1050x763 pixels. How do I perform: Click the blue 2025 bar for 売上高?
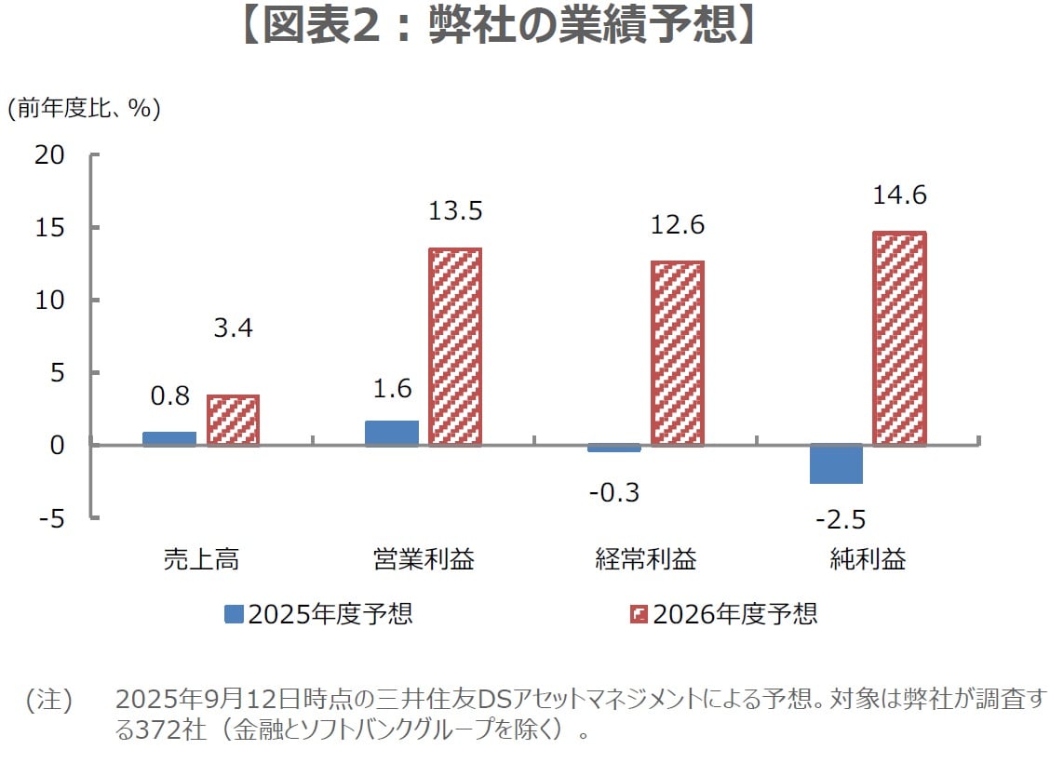(169, 438)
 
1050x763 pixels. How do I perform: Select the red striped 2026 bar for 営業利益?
(454, 347)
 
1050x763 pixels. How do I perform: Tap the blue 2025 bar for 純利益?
(836, 463)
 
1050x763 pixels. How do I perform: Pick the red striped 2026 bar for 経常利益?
(678, 354)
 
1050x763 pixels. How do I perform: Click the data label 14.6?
(899, 196)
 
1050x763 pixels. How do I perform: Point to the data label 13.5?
(455, 211)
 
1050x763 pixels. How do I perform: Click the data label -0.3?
(614, 491)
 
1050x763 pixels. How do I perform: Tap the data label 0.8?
(169, 395)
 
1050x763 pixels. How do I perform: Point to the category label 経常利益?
(646, 559)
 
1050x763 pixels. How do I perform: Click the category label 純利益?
(868, 559)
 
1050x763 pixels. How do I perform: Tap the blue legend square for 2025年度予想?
(234, 614)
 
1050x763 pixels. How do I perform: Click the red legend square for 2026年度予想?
(639, 614)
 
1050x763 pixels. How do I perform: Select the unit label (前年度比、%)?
(84, 109)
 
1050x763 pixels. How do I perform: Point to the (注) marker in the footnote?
(48, 700)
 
